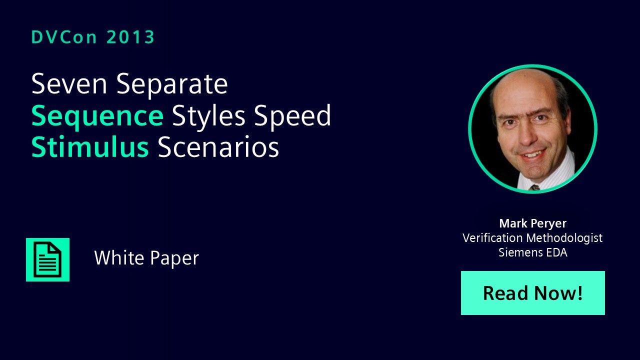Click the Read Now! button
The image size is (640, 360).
[533, 293]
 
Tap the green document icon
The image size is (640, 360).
[47, 259]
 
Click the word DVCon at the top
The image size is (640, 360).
[64, 37]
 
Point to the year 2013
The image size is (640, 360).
[130, 37]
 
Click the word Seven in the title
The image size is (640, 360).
[69, 83]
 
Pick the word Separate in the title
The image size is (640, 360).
[172, 85]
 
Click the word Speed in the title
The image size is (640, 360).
[292, 115]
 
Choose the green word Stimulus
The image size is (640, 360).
[90, 147]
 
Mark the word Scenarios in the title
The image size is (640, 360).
[218, 147]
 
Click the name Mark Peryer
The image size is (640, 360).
[533, 223]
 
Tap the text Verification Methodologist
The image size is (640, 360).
[532, 237]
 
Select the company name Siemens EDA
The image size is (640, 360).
[533, 252]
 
